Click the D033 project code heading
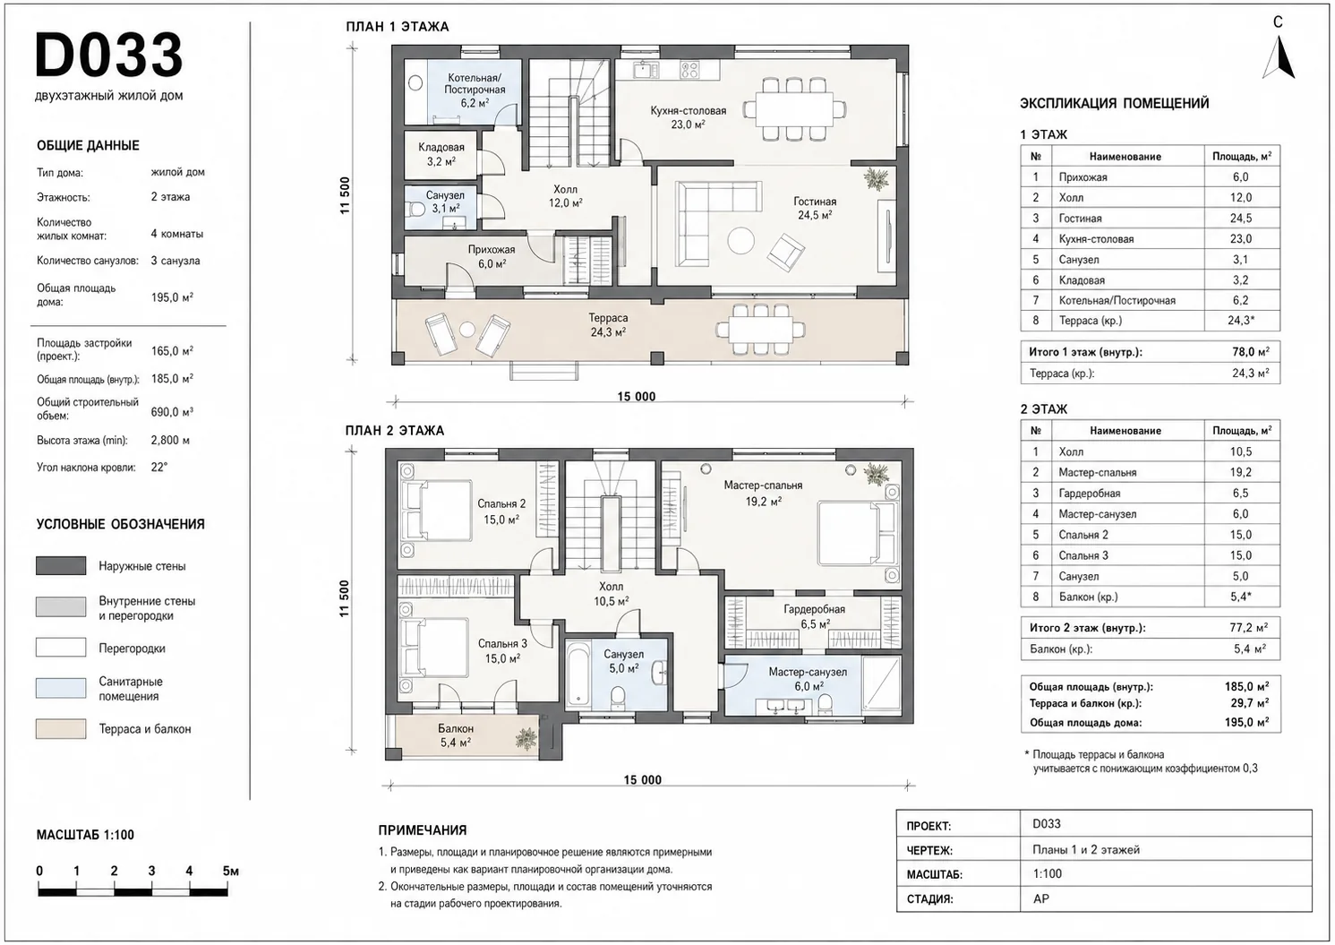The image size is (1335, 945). tap(109, 55)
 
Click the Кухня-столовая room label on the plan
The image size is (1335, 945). tap(688, 111)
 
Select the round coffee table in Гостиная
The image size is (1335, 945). tap(740, 241)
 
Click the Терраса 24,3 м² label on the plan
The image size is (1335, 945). tap(608, 325)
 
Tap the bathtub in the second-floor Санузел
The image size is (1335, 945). tap(578, 674)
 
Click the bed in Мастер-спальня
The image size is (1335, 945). tap(857, 534)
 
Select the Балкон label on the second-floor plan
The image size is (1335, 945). tap(456, 728)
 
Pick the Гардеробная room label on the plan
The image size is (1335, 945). tap(814, 609)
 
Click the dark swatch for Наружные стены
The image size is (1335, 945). tap(61, 566)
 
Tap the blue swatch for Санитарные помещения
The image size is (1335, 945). tap(61, 688)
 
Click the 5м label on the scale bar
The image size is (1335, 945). tap(231, 871)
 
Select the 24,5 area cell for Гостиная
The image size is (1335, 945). tap(1241, 219)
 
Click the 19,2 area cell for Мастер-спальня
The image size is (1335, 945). tap(1241, 472)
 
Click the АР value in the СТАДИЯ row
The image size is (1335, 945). tap(1040, 898)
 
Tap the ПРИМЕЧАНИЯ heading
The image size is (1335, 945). tap(423, 830)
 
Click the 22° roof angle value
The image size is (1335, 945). tap(159, 467)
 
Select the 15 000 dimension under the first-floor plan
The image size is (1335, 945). tap(636, 397)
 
